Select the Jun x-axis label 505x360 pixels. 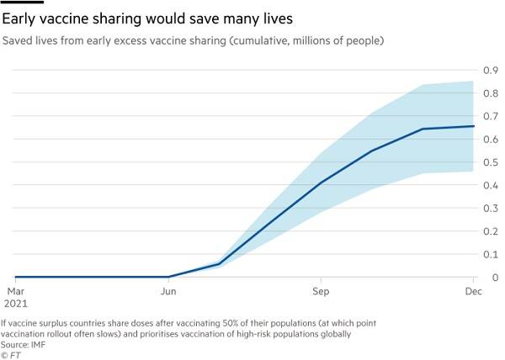pos(168,290)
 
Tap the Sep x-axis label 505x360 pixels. pos(321,290)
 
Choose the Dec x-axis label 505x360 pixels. pos(474,290)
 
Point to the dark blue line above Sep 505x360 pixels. pos(321,182)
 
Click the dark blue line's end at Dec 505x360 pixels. pos(474,126)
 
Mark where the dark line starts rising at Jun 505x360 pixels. pos(169,277)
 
